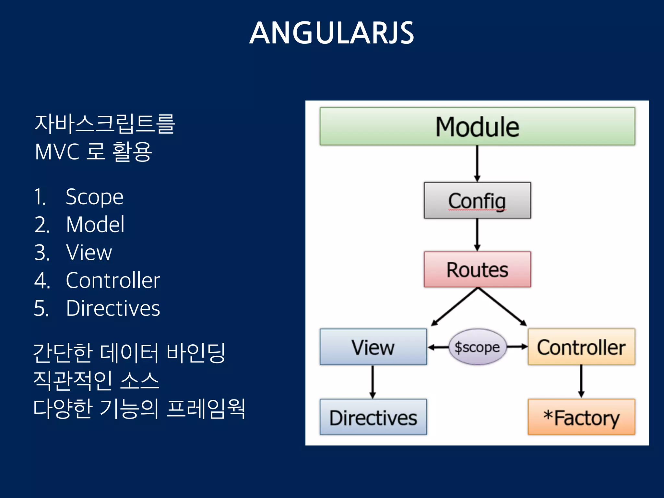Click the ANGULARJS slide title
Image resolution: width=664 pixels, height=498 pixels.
click(332, 33)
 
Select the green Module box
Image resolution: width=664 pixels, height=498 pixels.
click(477, 126)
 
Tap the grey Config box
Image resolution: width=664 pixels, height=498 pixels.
click(477, 200)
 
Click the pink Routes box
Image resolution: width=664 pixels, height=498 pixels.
click(477, 269)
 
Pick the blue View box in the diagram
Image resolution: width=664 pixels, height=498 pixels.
click(373, 347)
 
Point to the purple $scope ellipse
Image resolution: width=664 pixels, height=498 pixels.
click(477, 347)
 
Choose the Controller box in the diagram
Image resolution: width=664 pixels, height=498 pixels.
click(581, 347)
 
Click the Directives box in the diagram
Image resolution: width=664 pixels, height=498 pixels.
click(373, 417)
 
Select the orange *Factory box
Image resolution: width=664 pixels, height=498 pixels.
click(581, 417)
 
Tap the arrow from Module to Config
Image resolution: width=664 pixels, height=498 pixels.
click(477, 164)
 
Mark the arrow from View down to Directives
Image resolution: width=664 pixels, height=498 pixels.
click(373, 382)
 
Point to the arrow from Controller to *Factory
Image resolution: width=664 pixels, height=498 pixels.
click(581, 381)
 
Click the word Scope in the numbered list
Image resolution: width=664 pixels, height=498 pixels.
click(94, 197)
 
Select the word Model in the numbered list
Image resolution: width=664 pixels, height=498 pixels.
click(95, 224)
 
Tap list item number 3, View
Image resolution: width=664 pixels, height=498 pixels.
click(89, 252)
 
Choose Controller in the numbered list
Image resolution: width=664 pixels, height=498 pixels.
click(113, 280)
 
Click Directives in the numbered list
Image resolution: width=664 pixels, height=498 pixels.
click(113, 308)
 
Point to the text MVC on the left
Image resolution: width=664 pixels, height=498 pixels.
click(57, 152)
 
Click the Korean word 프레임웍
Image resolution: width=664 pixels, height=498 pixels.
click(206, 409)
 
